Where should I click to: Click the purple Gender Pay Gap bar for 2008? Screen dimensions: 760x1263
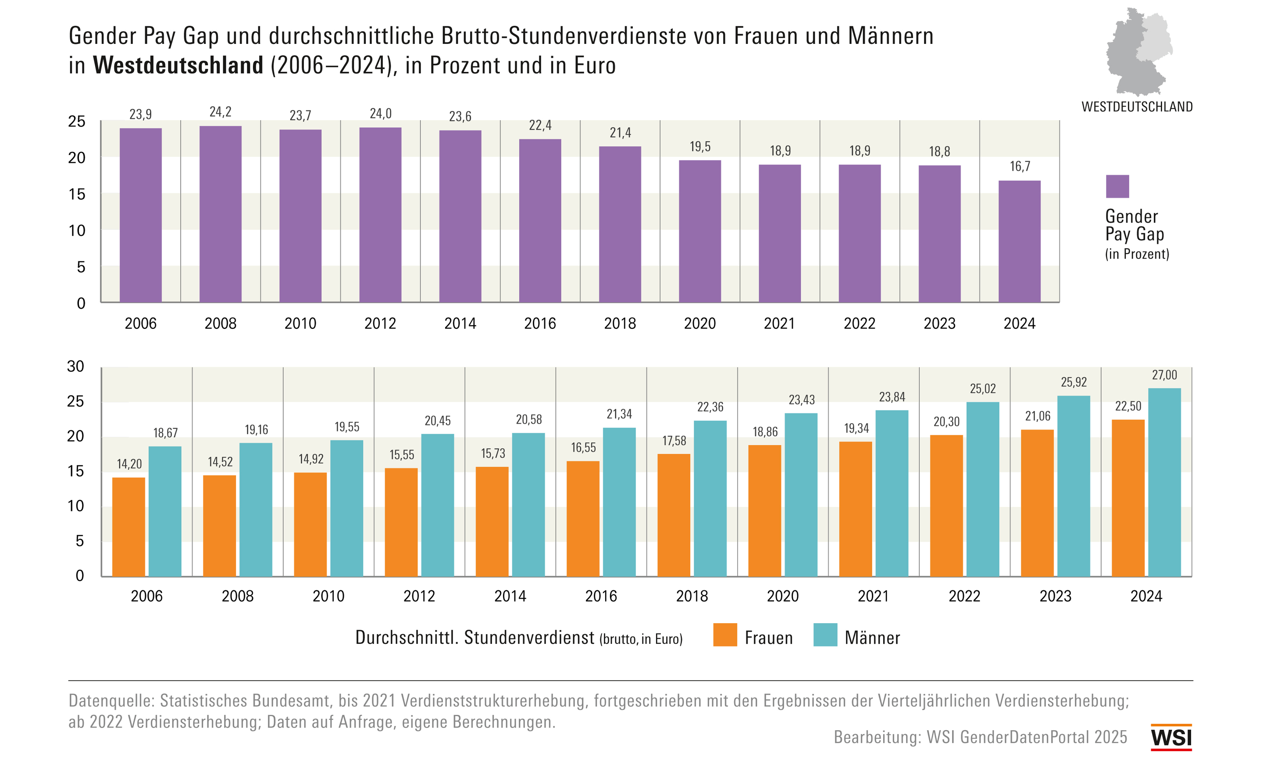[220, 214]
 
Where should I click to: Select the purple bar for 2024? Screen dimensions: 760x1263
[1019, 241]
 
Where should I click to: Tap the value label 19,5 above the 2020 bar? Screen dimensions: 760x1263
[699, 147]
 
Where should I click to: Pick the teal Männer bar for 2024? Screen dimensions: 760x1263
[1164, 482]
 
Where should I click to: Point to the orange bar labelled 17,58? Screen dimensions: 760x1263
[673, 515]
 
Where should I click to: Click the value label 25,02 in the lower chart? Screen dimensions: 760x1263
[982, 389]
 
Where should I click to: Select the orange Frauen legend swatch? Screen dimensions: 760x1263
[724, 635]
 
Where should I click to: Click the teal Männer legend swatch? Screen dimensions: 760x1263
[825, 635]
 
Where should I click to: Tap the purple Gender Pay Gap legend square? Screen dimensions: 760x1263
[1117, 186]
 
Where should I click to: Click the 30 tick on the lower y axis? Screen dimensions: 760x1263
[76, 367]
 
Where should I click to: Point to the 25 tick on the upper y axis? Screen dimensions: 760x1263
[77, 121]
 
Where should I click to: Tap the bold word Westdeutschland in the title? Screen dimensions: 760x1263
[178, 65]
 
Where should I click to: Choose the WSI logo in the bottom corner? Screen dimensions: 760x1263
[1171, 738]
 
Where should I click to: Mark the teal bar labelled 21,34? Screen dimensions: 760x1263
[619, 502]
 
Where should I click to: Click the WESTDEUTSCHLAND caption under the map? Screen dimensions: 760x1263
[1137, 107]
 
